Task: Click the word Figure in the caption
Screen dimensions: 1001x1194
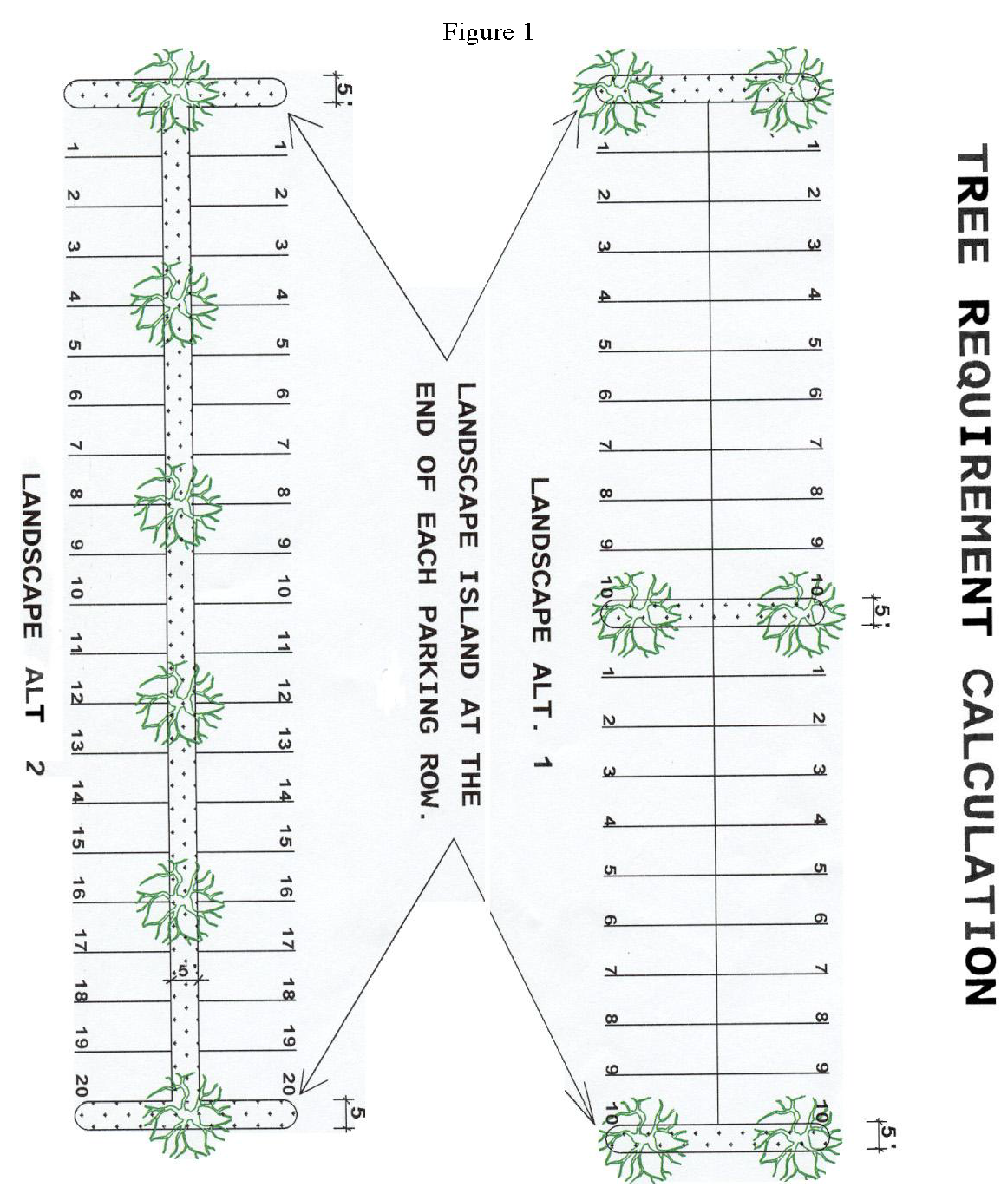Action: tap(478, 33)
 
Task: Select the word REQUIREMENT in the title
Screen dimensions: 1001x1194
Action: tap(975, 469)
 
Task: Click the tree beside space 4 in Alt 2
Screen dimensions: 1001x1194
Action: tap(174, 304)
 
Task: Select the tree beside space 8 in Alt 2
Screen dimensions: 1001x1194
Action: tap(177, 506)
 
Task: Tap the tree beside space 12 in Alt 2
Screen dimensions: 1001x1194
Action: tap(180, 702)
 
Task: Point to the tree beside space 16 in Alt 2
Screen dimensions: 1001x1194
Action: tap(180, 901)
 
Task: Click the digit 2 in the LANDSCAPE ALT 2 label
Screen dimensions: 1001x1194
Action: tap(34, 767)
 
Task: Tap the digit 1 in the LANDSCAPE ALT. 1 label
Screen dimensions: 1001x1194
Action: tap(541, 762)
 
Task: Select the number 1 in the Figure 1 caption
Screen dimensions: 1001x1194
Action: tap(527, 33)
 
